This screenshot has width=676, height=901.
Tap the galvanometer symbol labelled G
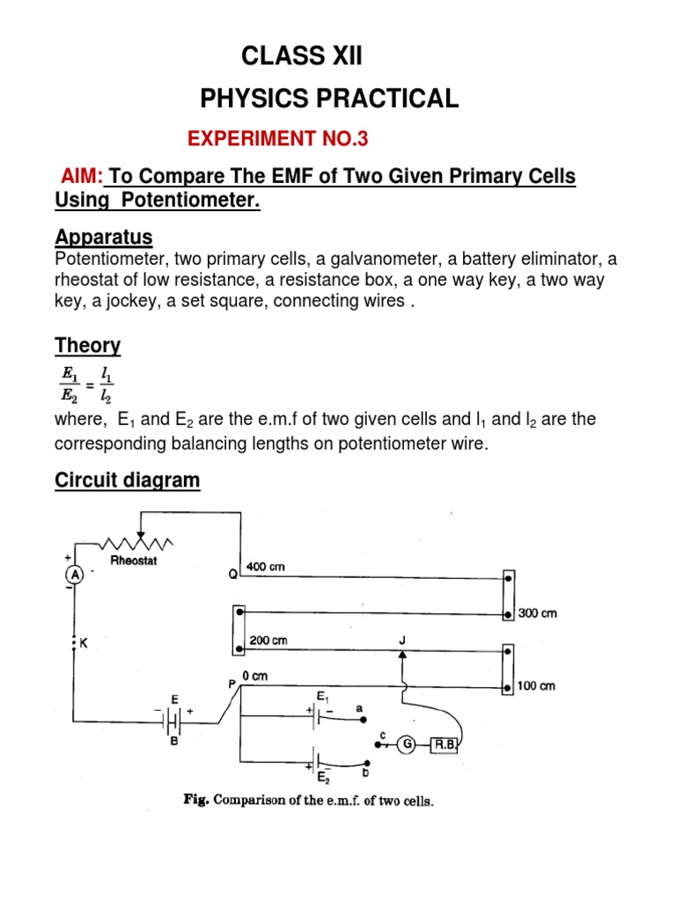[x=407, y=744]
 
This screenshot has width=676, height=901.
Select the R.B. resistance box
[x=445, y=744]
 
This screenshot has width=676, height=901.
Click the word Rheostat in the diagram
[x=134, y=560]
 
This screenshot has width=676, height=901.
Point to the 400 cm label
[x=267, y=567]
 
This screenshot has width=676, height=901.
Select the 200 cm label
[x=268, y=641]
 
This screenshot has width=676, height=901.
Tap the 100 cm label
[x=536, y=685]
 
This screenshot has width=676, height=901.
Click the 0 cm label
[x=253, y=676]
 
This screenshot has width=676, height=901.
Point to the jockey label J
[x=402, y=640]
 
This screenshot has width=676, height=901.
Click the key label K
[x=85, y=643]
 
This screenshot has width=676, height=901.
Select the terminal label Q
[x=233, y=575]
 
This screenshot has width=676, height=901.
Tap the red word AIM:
[x=82, y=177]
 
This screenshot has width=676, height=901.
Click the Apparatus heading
[x=104, y=237]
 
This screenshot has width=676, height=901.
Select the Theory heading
[x=87, y=346]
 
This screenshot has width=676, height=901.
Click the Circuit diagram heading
[x=128, y=480]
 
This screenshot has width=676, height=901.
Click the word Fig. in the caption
[x=194, y=801]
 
